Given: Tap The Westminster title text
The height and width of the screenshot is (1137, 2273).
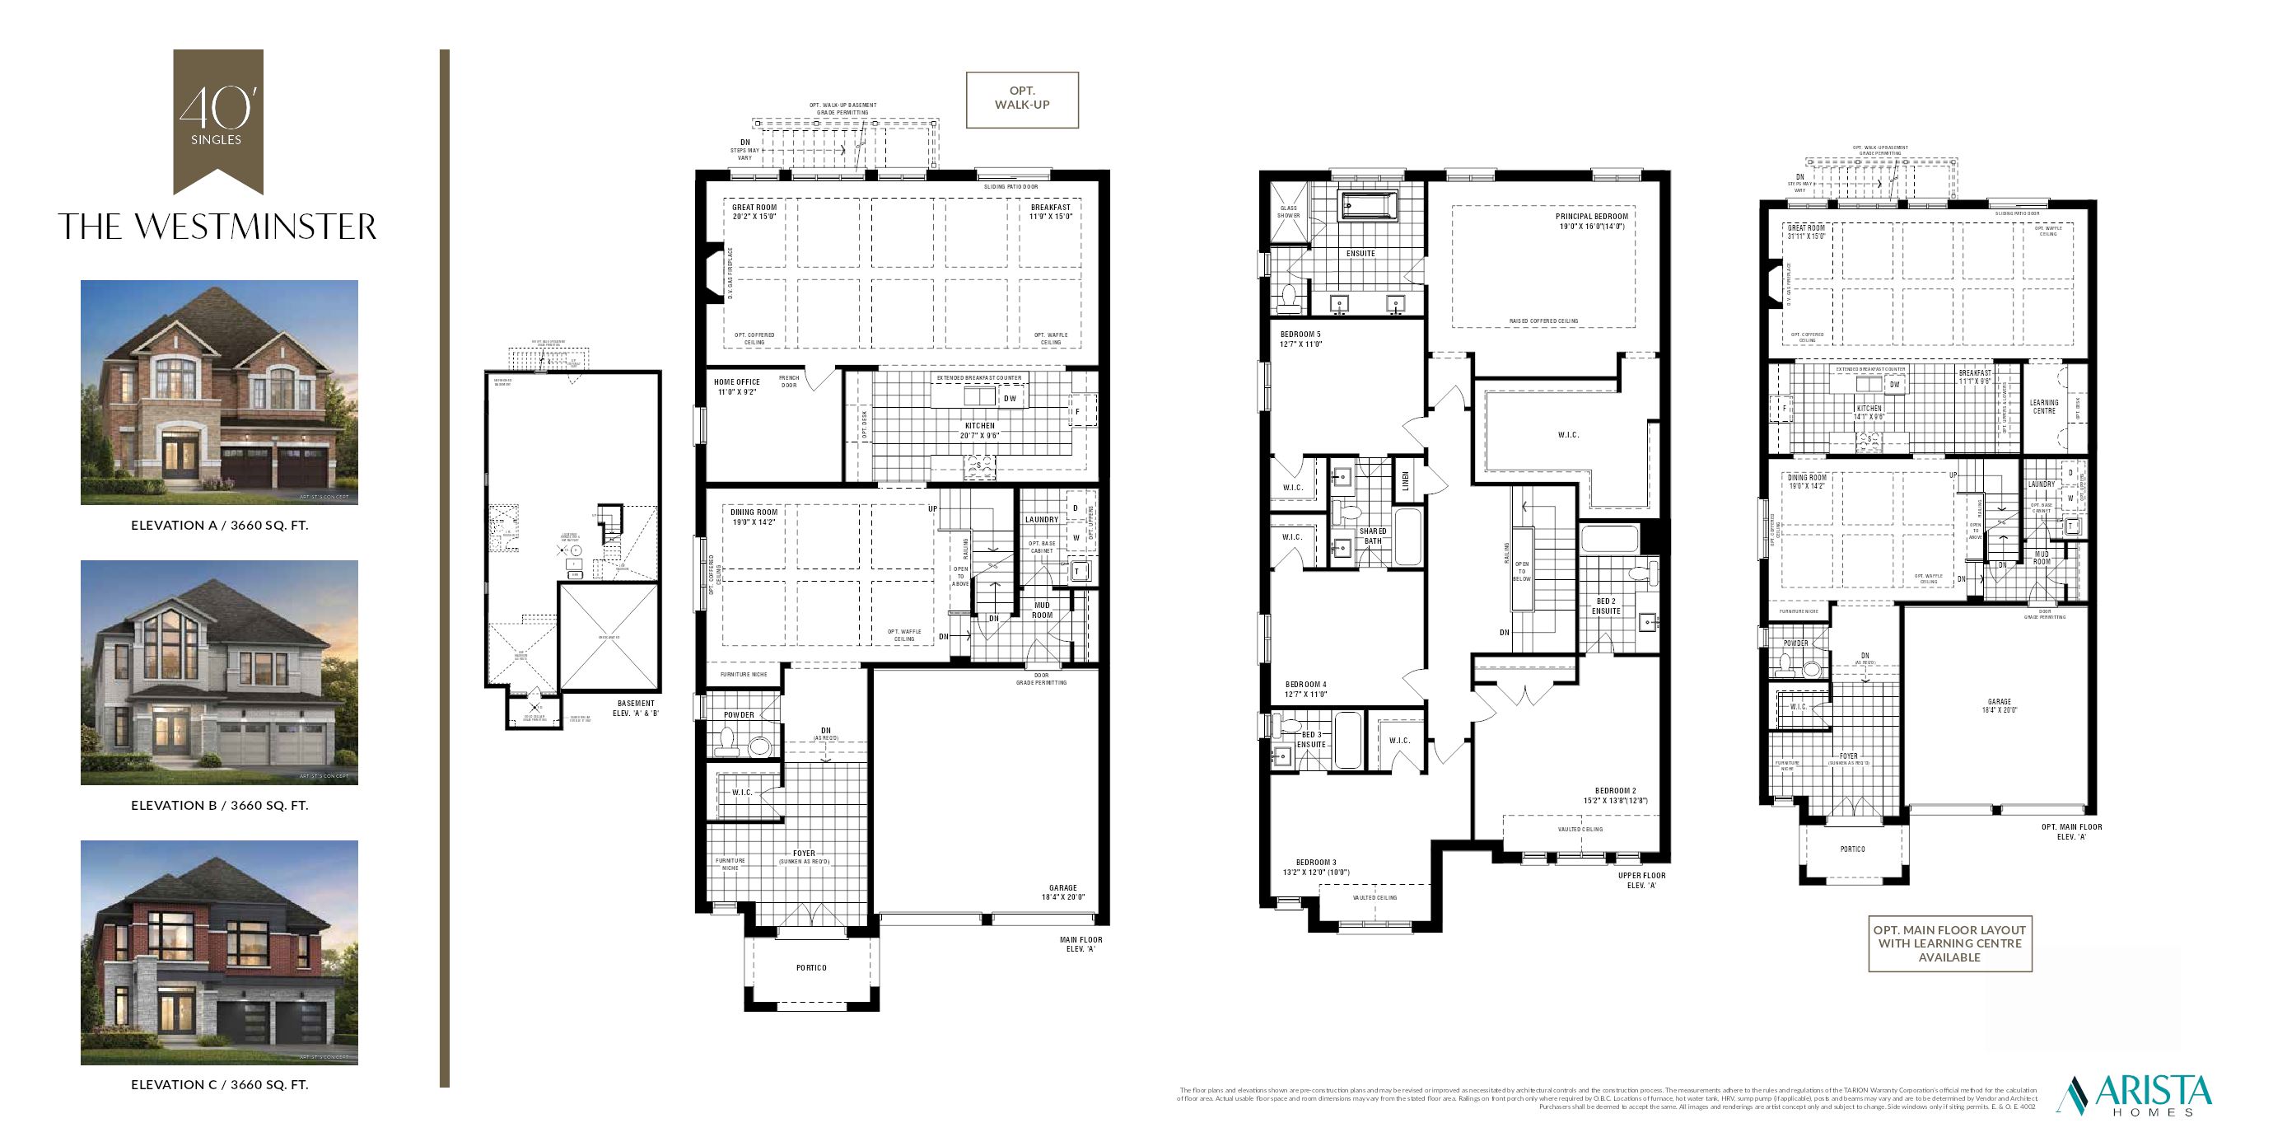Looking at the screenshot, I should click(217, 227).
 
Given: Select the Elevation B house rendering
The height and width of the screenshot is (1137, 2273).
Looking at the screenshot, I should click(219, 671).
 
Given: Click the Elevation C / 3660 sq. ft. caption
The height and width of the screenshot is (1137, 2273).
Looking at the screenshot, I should click(220, 1084).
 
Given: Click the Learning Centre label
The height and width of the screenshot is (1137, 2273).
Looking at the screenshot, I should click(2043, 406).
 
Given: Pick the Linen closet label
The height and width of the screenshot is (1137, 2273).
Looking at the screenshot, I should click(1406, 480).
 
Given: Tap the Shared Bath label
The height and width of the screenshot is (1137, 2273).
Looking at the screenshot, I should click(1373, 536).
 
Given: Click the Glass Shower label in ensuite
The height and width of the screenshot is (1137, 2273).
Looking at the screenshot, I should click(1288, 212).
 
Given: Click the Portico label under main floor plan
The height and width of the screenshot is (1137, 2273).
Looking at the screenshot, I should click(811, 967).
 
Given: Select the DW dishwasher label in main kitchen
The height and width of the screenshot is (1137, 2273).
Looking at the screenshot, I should click(1010, 398).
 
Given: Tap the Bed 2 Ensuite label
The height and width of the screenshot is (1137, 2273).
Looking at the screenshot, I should click(1606, 606).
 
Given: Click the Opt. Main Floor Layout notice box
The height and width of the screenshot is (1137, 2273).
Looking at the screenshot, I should click(1949, 943).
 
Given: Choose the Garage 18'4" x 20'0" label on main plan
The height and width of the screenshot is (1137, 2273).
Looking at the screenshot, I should click(1062, 892).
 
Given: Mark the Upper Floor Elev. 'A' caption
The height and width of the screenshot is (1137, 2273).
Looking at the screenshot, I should click(1641, 880).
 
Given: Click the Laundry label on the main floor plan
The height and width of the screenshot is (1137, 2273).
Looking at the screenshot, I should click(1041, 519).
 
